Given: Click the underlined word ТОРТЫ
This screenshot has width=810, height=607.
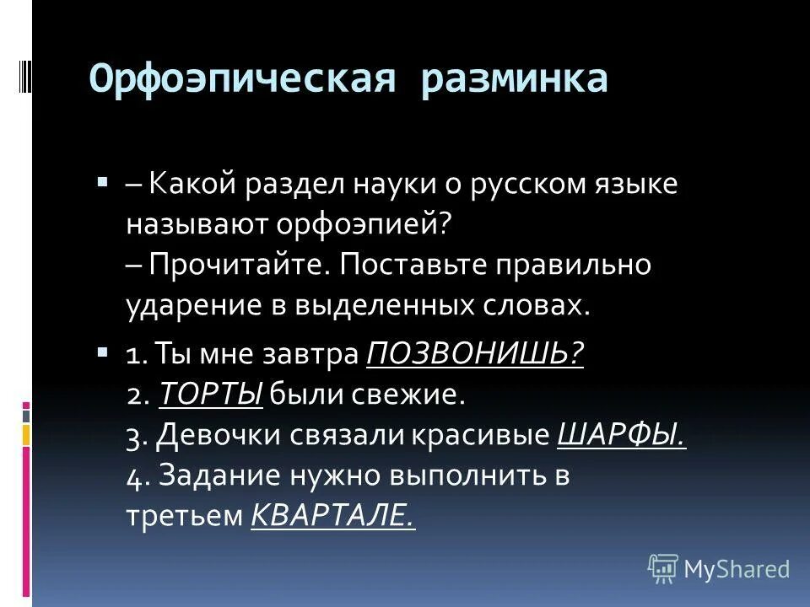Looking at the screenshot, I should [x=211, y=394].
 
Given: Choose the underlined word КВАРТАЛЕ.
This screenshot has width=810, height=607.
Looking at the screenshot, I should [x=333, y=515].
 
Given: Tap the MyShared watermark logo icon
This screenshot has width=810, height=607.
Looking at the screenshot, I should [x=663, y=569].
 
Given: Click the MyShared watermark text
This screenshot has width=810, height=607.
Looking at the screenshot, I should [x=737, y=569].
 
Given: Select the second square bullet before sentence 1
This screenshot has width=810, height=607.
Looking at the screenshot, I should [x=102, y=349].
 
